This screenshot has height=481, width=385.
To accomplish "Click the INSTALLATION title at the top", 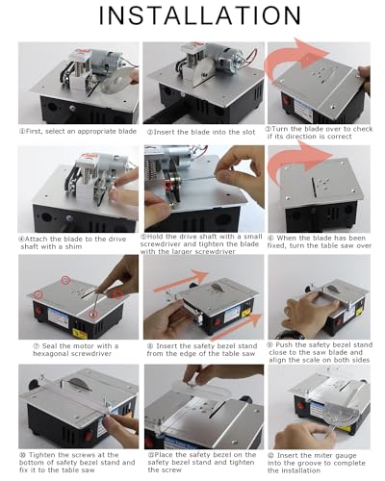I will click(x=192, y=20).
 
